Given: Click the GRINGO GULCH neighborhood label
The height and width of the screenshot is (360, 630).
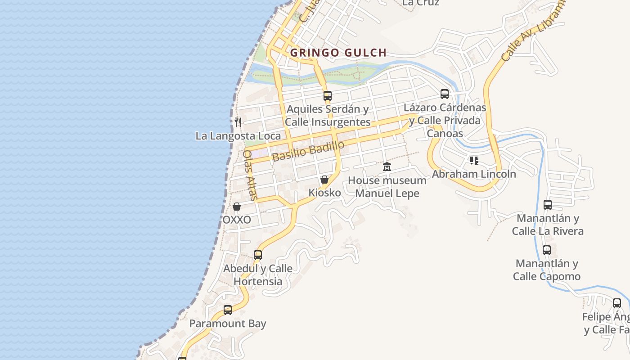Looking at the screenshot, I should pos(338,53).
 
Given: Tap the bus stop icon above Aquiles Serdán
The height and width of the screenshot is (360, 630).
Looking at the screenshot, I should pos(328,95).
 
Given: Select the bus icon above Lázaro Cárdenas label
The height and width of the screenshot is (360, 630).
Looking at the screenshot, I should pos(445,94).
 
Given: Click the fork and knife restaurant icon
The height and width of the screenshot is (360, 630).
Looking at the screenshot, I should pos(238,122).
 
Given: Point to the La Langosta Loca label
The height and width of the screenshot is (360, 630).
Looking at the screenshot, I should pos(238,136).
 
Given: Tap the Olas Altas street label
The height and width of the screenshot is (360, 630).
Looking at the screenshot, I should pos(250,175).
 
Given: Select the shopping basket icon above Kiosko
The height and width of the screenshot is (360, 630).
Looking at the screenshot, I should pos(324,180).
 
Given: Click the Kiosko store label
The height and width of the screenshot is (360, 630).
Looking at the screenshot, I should pos(324,193).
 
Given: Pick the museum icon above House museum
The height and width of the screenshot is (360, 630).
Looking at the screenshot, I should pos(387,167).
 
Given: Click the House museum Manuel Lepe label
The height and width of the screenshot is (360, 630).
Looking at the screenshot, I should pos(387,187).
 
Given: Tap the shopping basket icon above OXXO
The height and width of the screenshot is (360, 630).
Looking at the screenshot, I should pos(237,207).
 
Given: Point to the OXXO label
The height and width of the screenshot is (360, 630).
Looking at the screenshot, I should pos(237,220).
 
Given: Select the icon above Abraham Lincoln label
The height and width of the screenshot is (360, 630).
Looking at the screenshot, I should pos(474,160).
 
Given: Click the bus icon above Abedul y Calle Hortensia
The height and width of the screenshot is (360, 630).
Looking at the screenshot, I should pos(258,255).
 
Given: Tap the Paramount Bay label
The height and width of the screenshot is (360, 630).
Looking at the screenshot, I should pos(228,324).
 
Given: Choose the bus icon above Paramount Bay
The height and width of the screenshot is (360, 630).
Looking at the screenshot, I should pos(228,310).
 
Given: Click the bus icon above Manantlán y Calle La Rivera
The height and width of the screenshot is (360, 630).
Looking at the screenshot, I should pos(548,205).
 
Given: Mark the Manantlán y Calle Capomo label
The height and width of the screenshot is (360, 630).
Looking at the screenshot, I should pos(547,270).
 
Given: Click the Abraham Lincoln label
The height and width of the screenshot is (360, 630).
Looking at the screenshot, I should pos(474,174).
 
